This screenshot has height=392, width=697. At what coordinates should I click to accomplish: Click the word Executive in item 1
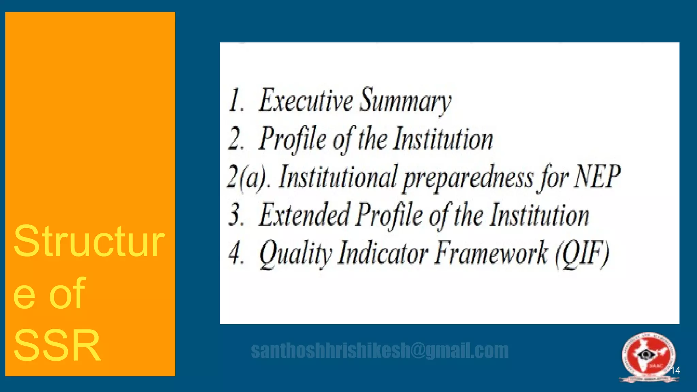pyautogui.click(x=306, y=100)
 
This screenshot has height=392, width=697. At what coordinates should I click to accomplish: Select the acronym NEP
pyautogui.click(x=597, y=177)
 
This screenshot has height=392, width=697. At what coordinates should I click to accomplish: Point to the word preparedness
pyautogui.click(x=468, y=178)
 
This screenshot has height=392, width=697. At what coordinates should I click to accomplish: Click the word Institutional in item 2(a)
pyautogui.click(x=338, y=177)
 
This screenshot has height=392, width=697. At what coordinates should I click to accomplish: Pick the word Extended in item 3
pyautogui.click(x=305, y=215)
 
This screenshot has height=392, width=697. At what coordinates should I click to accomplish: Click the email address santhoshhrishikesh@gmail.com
pyautogui.click(x=380, y=351)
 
